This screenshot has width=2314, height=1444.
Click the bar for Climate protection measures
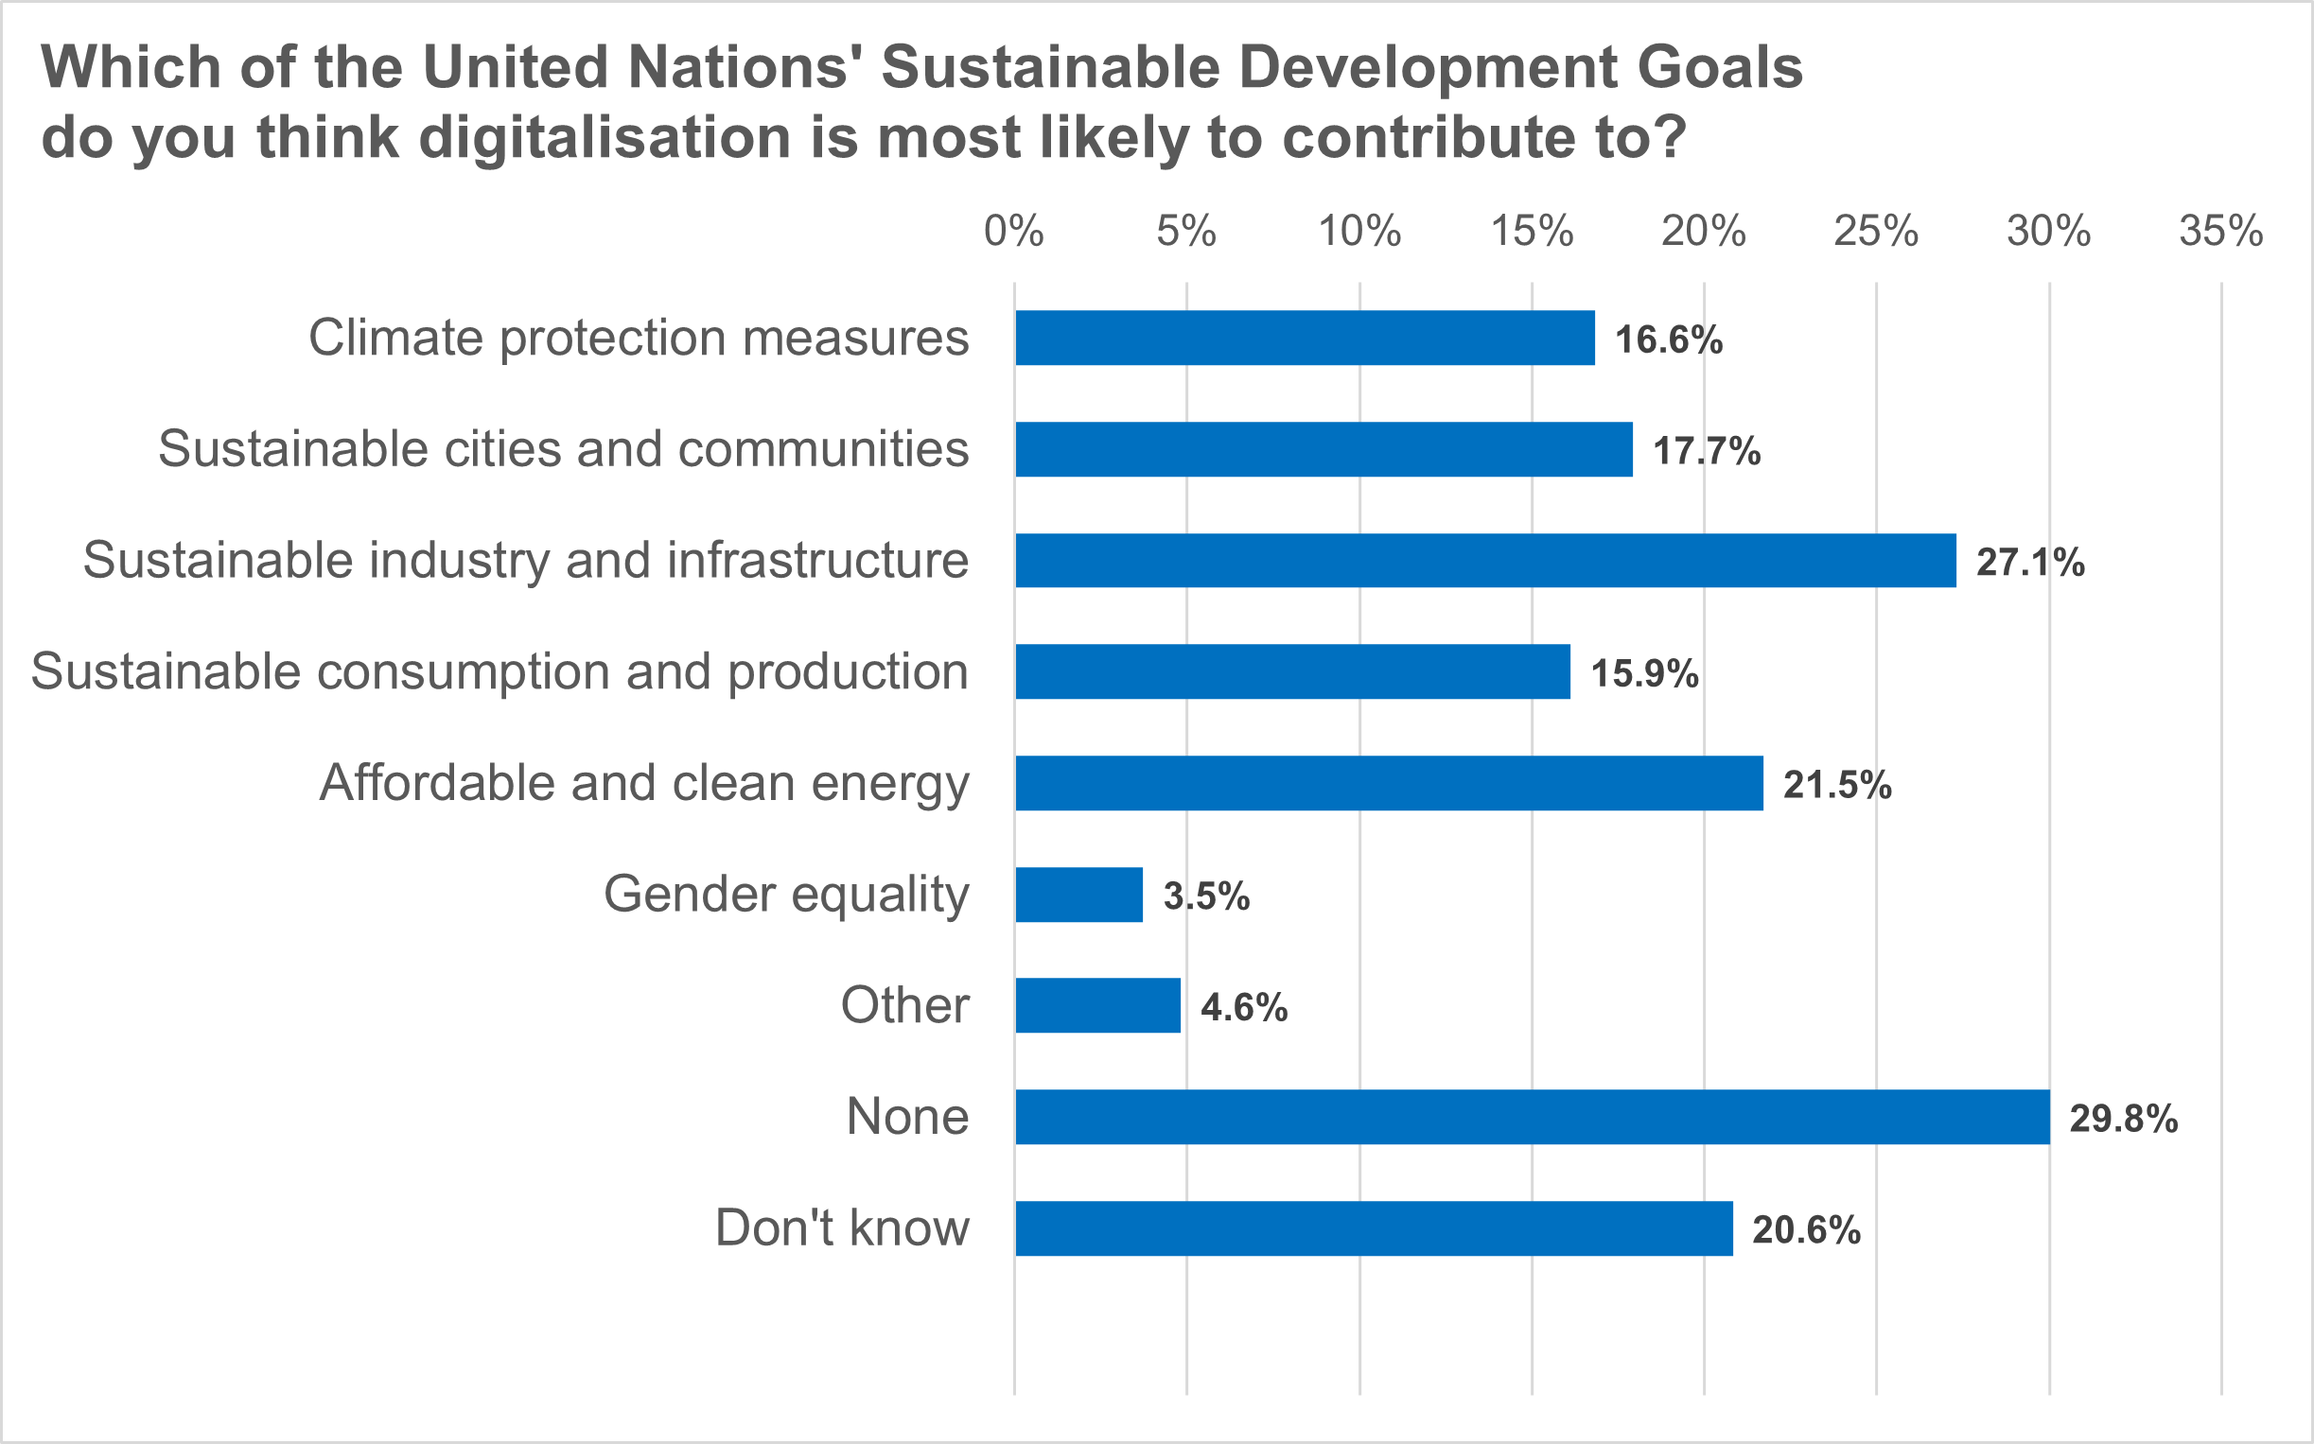pyautogui.click(x=1305, y=339)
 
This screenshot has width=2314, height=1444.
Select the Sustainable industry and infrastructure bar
pyautogui.click(x=1484, y=561)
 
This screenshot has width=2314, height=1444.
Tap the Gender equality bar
pyautogui.click(x=1078, y=895)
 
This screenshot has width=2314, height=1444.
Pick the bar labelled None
pyautogui.click(x=1532, y=1117)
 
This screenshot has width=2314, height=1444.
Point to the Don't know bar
pyautogui.click(x=1373, y=1228)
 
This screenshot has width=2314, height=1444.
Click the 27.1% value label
pyautogui.click(x=2029, y=563)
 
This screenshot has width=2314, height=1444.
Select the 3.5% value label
pyautogui.click(x=1206, y=896)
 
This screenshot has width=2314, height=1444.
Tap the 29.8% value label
pyautogui.click(x=2123, y=1119)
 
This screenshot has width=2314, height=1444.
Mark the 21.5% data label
pyautogui.click(x=1836, y=785)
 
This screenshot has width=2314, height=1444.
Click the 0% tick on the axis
pyautogui.click(x=1014, y=231)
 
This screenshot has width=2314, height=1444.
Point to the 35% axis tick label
pyautogui.click(x=2220, y=231)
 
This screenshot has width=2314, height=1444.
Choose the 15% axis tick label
pyautogui.click(x=1532, y=231)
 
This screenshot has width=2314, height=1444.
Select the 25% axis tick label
pyautogui.click(x=1875, y=231)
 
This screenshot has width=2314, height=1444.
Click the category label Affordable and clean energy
pyautogui.click(x=644, y=783)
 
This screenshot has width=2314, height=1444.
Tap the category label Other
pyautogui.click(x=903, y=1005)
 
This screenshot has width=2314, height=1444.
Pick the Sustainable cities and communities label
pyautogui.click(x=563, y=449)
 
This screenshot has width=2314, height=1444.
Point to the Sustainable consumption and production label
pyautogui.click(x=500, y=671)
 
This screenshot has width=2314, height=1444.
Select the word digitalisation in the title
pyautogui.click(x=605, y=136)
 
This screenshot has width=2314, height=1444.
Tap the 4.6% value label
pyautogui.click(x=1243, y=1007)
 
